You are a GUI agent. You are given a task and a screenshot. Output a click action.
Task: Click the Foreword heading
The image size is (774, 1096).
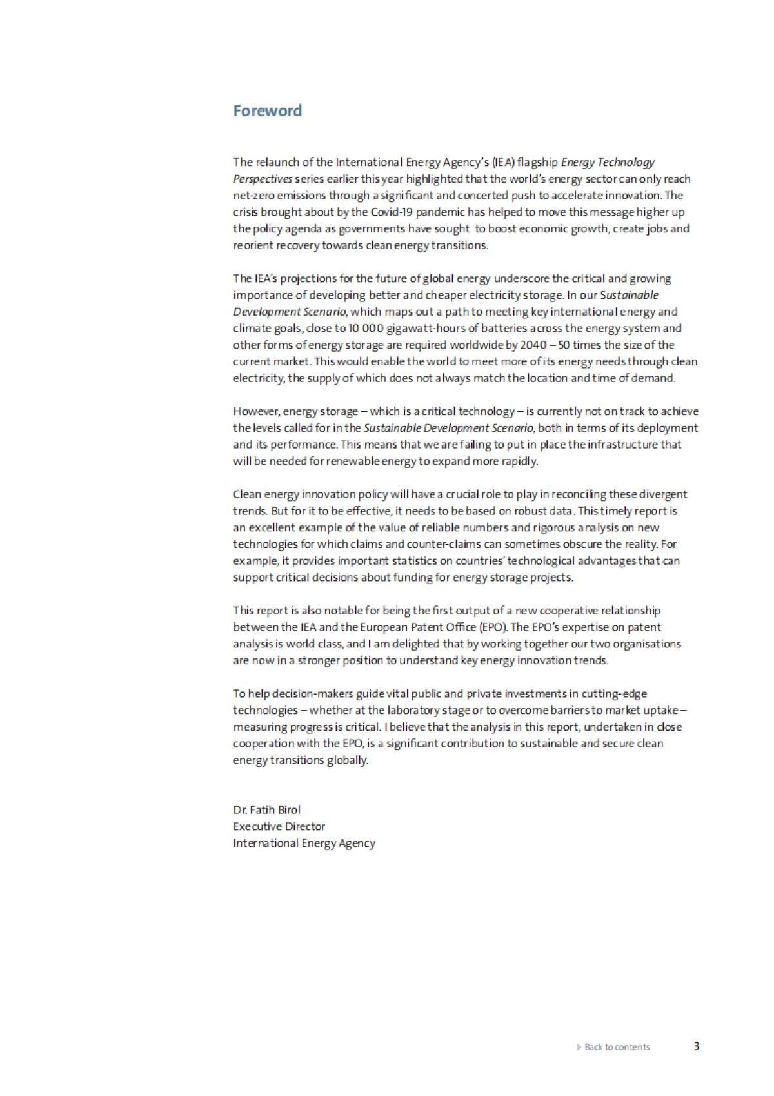point(267,110)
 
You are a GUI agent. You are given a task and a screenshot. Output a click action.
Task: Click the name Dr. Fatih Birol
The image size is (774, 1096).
point(266,809)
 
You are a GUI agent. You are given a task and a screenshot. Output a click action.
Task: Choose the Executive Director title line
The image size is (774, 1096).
point(279,826)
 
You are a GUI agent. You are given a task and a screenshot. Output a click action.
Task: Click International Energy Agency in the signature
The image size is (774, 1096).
point(304,843)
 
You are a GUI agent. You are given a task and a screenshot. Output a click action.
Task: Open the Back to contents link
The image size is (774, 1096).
point(617,1047)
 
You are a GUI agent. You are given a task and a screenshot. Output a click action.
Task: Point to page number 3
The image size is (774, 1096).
point(697,1046)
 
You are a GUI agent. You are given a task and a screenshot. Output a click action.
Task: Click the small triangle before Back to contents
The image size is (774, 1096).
point(579,1047)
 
